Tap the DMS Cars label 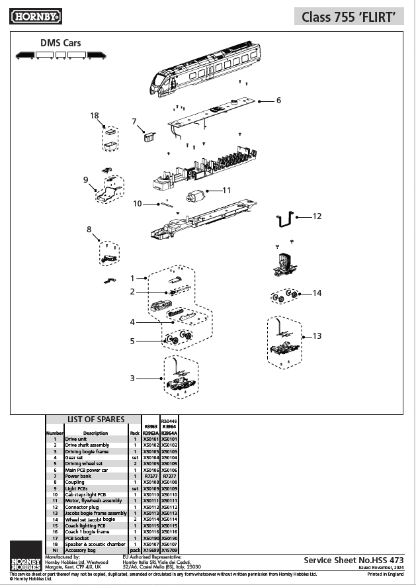click(61, 43)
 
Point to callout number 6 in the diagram click(278, 101)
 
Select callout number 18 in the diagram click(95, 115)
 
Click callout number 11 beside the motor click(226, 190)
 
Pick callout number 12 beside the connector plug click(317, 216)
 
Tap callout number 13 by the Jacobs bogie click(317, 336)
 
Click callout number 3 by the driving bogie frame click(132, 378)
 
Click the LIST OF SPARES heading click(96, 420)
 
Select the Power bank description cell click(78, 475)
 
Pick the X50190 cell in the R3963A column click(151, 539)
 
